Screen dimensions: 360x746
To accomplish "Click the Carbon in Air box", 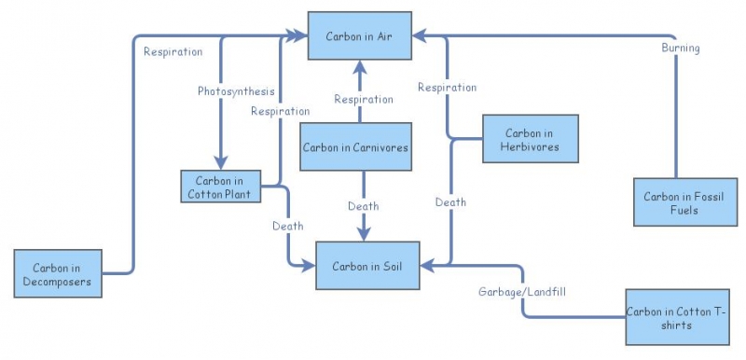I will [362, 36].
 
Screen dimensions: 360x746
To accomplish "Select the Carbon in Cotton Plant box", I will [220, 187].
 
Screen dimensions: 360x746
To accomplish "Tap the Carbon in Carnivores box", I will [355, 147].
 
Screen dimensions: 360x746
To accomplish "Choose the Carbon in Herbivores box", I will [530, 139].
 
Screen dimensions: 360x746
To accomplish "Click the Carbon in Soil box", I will [367, 266].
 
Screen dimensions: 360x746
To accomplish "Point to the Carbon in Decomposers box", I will [58, 273].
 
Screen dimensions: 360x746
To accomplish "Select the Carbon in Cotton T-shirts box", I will [674, 319].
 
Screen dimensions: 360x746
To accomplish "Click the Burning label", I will [681, 48].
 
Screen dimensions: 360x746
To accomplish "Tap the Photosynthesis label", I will [236, 91].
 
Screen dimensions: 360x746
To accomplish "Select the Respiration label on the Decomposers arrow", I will [173, 51].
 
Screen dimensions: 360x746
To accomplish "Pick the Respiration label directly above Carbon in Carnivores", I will [364, 99].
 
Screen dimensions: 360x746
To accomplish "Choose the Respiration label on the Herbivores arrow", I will [447, 88].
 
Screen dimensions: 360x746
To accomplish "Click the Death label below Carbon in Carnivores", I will [363, 206].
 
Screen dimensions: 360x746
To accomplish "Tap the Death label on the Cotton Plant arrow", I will [287, 226].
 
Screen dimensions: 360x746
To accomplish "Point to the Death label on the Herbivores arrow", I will [450, 201].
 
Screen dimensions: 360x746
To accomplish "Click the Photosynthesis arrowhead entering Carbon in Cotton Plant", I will [221, 163].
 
